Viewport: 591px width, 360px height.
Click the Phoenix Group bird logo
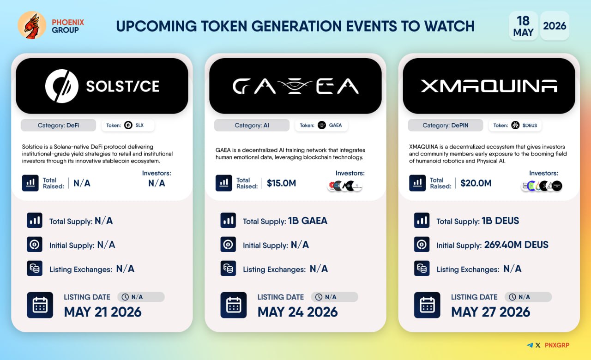[32, 25]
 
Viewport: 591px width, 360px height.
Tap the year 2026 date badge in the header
[555, 26]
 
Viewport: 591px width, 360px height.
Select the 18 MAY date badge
[523, 26]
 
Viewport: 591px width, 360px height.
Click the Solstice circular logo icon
[62, 86]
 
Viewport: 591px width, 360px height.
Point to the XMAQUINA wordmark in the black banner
[489, 86]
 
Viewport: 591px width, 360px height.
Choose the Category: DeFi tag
[58, 125]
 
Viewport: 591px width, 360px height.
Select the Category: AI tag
[252, 125]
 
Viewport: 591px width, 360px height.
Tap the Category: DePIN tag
[446, 125]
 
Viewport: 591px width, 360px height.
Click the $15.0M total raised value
[281, 183]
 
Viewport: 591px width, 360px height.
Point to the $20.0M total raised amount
[476, 183]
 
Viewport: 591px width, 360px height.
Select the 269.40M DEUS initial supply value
[516, 245]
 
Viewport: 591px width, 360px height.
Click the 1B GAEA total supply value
[308, 221]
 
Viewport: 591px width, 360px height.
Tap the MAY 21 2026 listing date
[103, 312]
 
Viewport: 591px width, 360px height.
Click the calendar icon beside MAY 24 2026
[234, 305]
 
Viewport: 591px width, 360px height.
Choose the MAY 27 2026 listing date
[490, 312]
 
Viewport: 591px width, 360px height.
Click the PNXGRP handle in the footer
[557, 345]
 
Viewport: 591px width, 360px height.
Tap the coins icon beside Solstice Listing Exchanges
[35, 269]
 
